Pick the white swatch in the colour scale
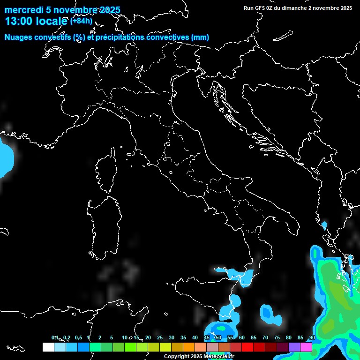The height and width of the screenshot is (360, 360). click(x=48, y=347)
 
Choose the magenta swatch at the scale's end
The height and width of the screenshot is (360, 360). click(x=306, y=347)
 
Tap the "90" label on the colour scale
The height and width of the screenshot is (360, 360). click(x=312, y=338)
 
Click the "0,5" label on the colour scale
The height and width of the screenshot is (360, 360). click(x=78, y=338)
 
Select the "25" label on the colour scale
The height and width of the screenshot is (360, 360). click(x=160, y=338)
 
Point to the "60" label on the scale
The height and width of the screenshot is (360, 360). click(x=242, y=338)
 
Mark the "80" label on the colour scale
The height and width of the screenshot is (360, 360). click(x=289, y=338)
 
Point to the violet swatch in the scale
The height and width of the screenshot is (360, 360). click(x=294, y=347)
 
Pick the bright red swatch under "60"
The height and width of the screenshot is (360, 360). click(x=247, y=347)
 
